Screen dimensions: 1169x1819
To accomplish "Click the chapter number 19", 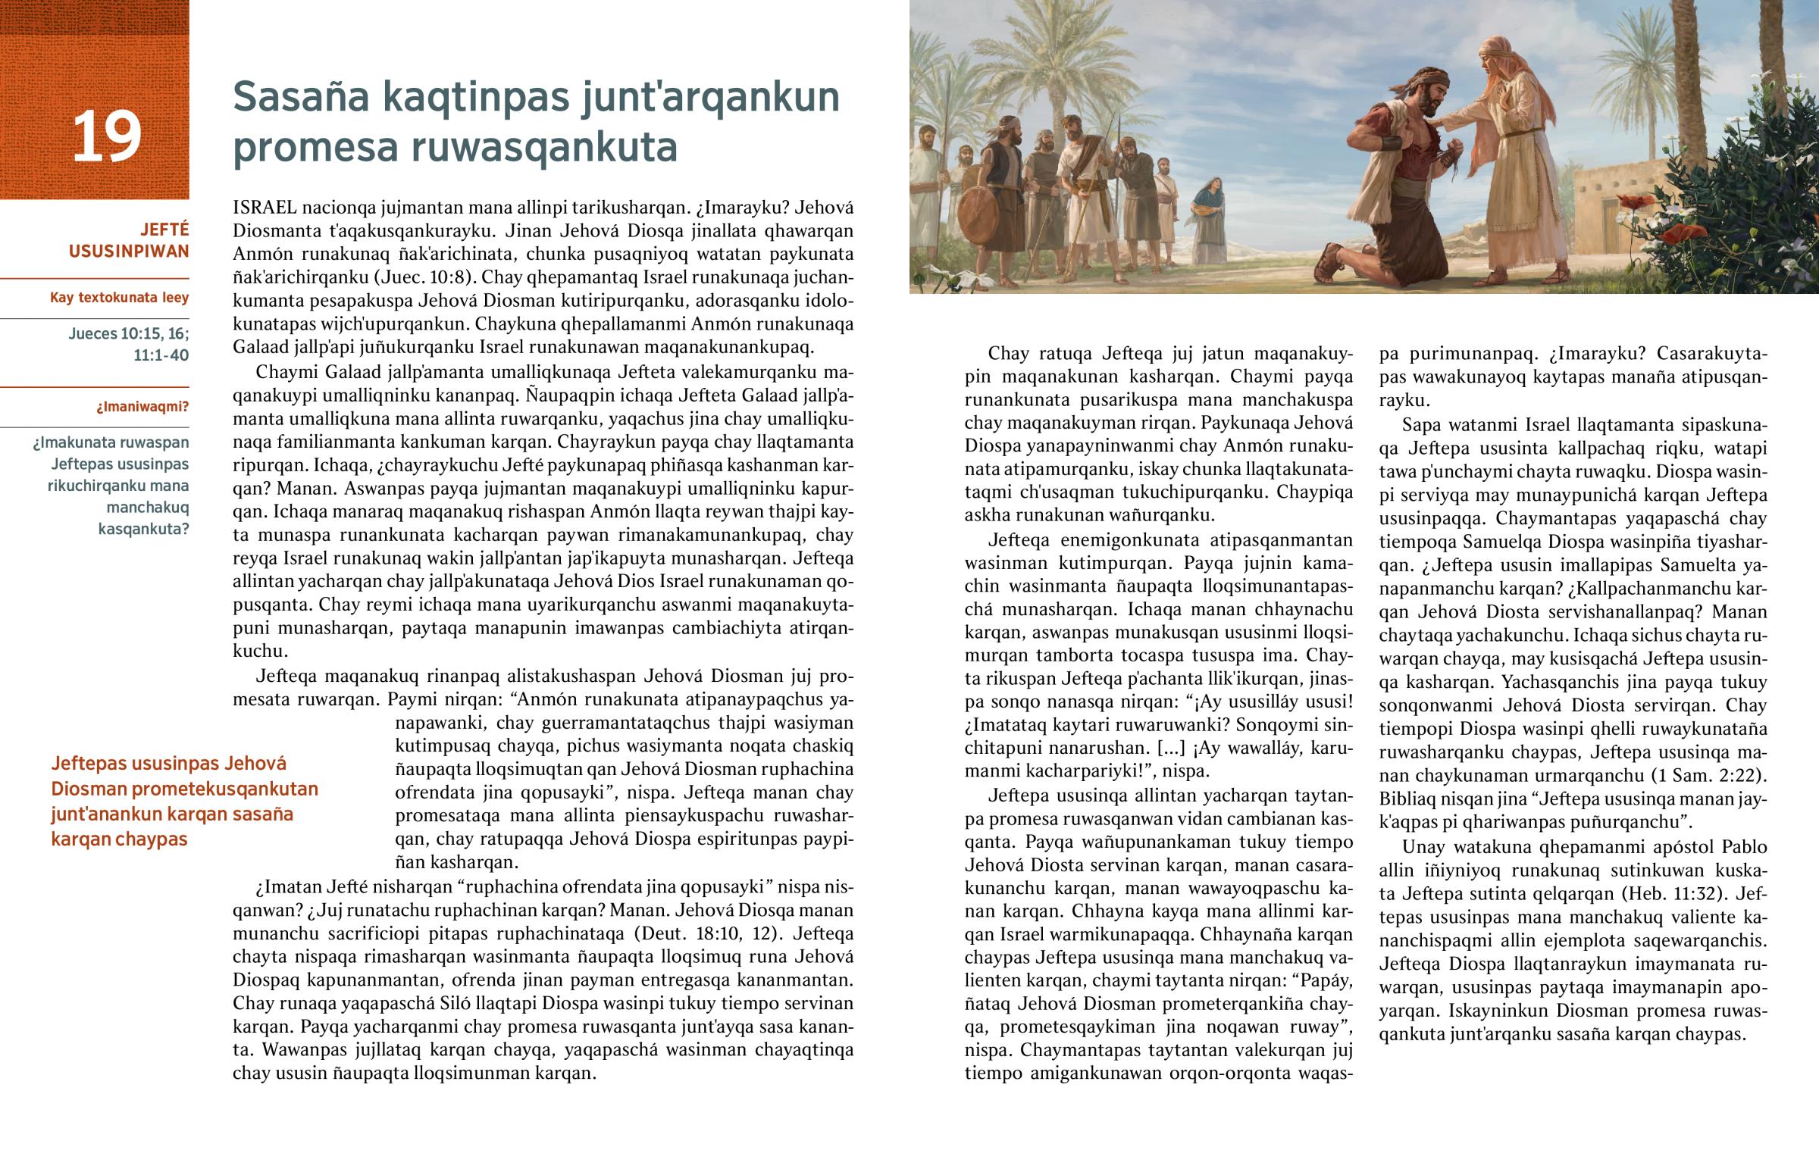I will pyautogui.click(x=107, y=136).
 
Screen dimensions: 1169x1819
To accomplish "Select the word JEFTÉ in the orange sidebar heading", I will pyautogui.click(x=164, y=230).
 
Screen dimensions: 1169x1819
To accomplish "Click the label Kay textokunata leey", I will pyautogui.click(x=119, y=298).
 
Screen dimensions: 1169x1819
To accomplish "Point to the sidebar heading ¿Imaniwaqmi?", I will pyautogui.click(x=142, y=407).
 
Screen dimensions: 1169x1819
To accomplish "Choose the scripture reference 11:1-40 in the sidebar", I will pyautogui.click(x=161, y=355).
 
